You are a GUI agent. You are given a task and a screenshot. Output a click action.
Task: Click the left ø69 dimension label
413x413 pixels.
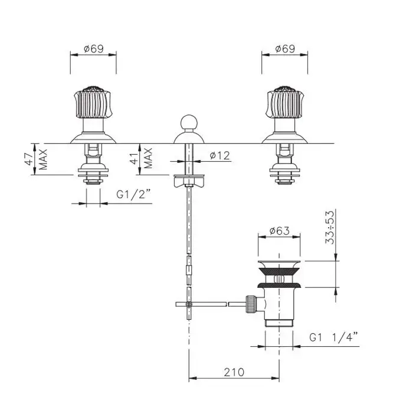(x=94, y=49)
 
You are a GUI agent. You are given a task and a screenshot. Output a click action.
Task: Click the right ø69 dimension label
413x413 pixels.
(x=285, y=49)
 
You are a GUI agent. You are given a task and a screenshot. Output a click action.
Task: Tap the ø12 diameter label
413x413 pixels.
(x=220, y=155)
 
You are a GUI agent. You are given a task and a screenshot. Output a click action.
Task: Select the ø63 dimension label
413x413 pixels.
(x=280, y=231)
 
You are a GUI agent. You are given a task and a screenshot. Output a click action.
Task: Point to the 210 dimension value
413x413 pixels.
(x=234, y=372)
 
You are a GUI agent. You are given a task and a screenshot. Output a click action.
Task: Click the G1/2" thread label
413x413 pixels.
(x=133, y=195)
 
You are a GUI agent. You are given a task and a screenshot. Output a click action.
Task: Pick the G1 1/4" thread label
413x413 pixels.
(x=334, y=337)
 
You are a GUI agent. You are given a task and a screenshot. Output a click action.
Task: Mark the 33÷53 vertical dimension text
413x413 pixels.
(x=329, y=227)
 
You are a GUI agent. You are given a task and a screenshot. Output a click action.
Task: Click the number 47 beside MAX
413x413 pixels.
(x=29, y=159)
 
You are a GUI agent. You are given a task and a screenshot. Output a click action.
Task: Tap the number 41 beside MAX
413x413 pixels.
(x=135, y=159)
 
